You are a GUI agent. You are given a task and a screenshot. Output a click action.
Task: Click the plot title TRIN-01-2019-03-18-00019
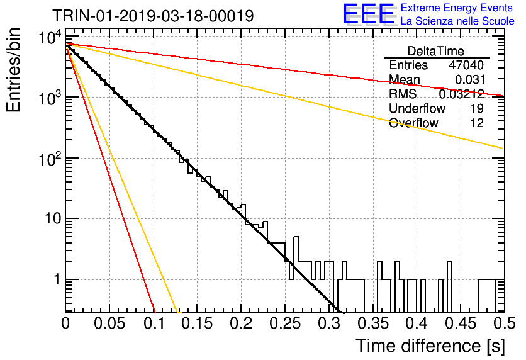point(153,16)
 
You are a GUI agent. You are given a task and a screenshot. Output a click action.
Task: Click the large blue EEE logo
point(368,14)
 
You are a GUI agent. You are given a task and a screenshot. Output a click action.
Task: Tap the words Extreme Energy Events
point(457,8)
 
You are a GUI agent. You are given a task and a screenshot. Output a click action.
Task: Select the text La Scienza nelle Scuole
point(457,21)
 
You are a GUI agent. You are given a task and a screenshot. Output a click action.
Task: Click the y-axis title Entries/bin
point(13,70)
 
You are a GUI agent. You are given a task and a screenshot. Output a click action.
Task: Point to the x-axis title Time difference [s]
point(430,346)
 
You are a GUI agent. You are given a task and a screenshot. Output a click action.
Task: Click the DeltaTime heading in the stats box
point(435,51)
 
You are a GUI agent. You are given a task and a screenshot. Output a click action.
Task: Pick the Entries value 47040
point(466,65)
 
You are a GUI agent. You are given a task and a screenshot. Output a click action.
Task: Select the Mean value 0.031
point(469,79)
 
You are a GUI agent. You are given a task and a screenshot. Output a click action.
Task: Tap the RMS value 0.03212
point(461,94)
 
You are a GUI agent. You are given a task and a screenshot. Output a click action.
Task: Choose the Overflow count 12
point(477,123)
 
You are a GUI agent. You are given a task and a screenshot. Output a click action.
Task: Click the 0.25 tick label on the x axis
point(285,323)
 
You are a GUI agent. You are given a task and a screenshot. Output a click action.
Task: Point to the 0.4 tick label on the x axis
point(417,323)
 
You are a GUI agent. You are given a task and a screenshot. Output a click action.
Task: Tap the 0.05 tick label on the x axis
point(109,323)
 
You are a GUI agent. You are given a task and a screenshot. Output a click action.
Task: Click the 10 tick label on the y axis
point(53,219)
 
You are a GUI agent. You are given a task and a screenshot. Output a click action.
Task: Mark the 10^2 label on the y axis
point(49,159)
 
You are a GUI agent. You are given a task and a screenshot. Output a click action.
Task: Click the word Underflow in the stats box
point(417,108)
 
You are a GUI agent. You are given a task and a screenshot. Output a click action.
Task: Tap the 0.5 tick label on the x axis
point(504,323)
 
